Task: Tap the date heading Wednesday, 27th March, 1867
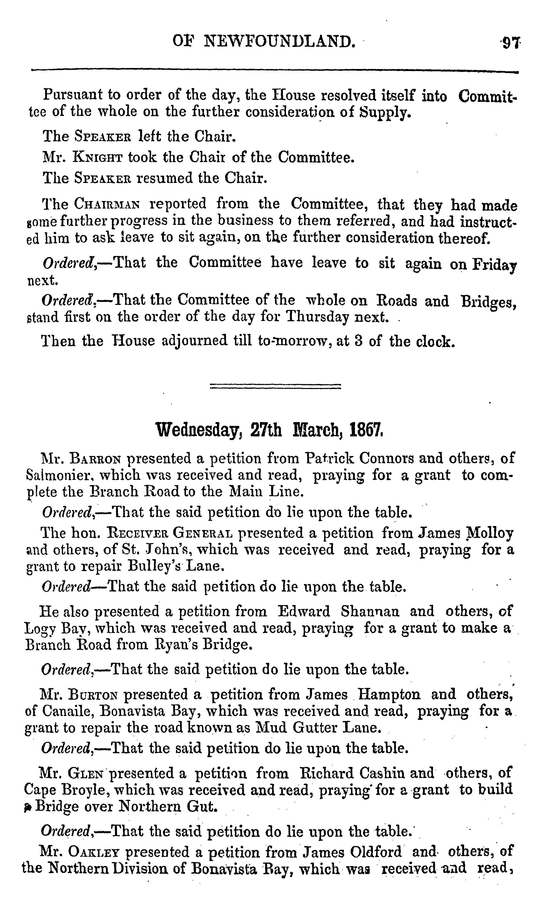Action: [x=269, y=430]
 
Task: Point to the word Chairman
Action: [x=107, y=204]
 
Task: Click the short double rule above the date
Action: [x=275, y=386]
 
